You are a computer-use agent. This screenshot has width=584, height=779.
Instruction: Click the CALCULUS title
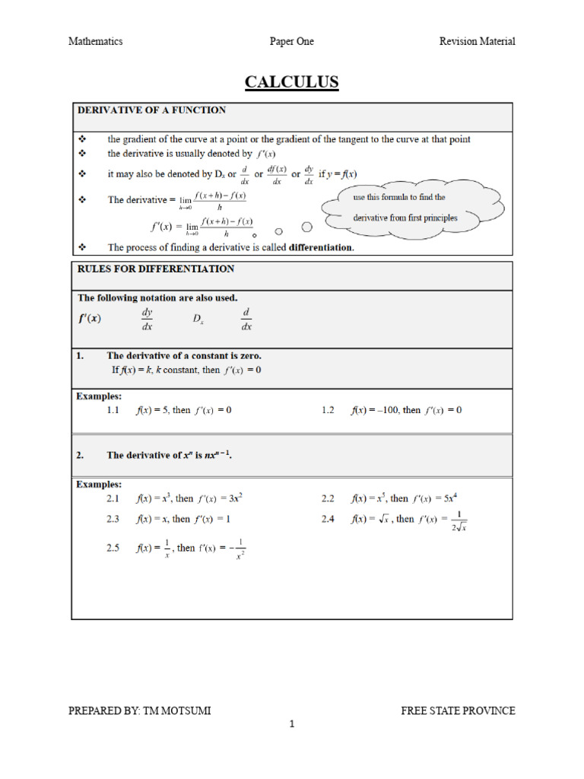click(291, 82)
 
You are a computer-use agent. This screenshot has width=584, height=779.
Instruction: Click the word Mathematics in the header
click(95, 41)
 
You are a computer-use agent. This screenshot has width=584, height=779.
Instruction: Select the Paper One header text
click(291, 41)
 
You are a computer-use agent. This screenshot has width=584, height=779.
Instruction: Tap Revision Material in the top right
click(477, 41)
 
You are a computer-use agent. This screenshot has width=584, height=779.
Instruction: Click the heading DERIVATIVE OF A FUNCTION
click(151, 110)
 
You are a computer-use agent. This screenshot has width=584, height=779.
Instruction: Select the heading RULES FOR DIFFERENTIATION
click(156, 269)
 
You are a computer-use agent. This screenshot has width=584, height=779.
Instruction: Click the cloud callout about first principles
click(411, 208)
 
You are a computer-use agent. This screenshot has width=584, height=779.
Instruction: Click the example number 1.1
click(113, 410)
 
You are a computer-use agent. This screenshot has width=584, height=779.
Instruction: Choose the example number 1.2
click(328, 410)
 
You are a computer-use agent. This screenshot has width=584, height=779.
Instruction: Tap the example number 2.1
click(113, 499)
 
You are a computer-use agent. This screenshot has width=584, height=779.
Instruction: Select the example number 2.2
click(328, 499)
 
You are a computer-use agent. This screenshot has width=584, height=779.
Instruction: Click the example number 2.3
click(113, 520)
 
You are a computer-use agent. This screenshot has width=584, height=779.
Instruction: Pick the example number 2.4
click(328, 520)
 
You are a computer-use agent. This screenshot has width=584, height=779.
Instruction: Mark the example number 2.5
click(113, 548)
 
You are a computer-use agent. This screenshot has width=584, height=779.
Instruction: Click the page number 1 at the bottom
click(291, 725)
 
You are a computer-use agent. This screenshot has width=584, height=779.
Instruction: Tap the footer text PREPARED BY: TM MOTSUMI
click(140, 711)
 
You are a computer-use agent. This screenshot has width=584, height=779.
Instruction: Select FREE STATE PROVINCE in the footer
click(458, 711)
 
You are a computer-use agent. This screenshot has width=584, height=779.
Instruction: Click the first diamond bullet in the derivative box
click(82, 139)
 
